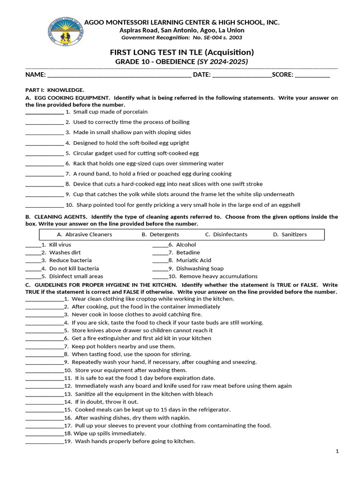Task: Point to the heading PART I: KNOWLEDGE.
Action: tap(55, 90)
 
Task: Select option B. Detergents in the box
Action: tap(160, 234)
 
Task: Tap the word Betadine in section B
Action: tap(188, 253)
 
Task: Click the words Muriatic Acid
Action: tap(194, 261)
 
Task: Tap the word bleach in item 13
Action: tap(204, 394)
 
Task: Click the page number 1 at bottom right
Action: tap(337, 451)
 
